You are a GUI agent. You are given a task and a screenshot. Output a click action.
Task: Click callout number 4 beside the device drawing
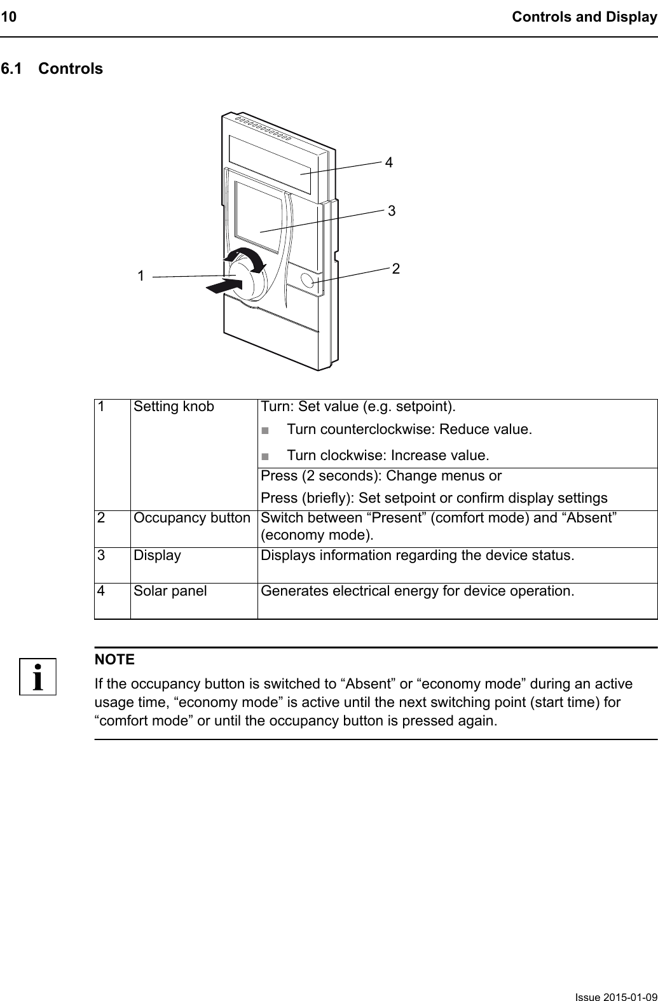click(x=388, y=162)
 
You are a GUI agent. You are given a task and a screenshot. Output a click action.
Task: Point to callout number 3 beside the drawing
click(x=392, y=210)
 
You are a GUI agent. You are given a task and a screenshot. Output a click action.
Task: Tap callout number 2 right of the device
click(x=396, y=269)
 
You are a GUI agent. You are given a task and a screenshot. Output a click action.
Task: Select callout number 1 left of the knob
click(x=141, y=276)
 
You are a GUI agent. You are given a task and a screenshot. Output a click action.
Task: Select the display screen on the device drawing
click(x=257, y=216)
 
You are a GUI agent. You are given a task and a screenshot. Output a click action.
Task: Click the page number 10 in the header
click(x=8, y=17)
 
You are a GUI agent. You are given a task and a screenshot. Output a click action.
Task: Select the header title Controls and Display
click(x=584, y=17)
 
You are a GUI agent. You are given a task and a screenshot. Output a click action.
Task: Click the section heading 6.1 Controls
click(x=51, y=69)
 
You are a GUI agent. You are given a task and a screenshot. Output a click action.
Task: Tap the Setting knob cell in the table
click(x=174, y=407)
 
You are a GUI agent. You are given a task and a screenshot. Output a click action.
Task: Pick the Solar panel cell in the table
click(x=170, y=591)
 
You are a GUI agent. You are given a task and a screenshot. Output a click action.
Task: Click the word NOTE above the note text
click(x=114, y=659)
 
